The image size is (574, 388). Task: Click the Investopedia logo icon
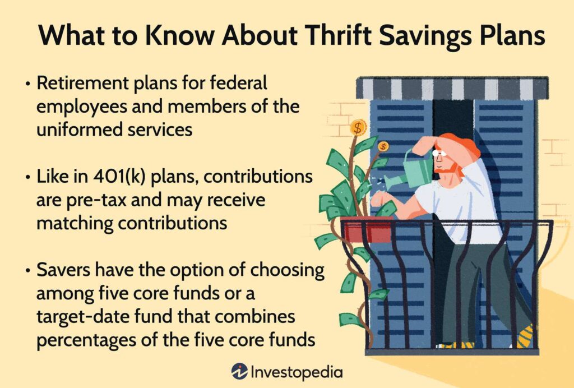[x=240, y=372]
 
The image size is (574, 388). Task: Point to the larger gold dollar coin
[x=358, y=128]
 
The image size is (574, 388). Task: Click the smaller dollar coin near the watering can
[x=383, y=147]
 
